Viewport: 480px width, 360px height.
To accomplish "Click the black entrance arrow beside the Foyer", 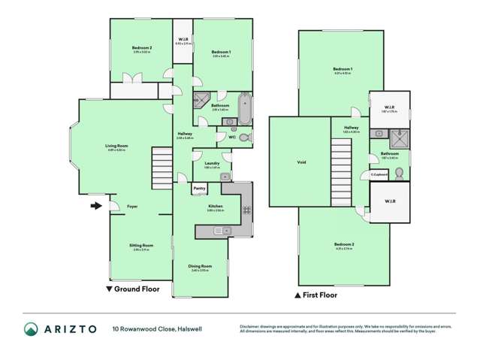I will tap(95, 205).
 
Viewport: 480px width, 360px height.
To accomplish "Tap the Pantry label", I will tap(199, 188).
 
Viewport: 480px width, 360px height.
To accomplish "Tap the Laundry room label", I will tap(212, 165).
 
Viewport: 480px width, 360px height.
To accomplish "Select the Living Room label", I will tap(116, 146).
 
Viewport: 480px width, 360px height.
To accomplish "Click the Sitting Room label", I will tap(132, 245).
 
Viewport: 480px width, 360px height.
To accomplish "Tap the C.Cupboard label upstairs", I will tap(378, 174).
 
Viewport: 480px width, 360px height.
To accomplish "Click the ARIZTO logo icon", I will tap(32, 328).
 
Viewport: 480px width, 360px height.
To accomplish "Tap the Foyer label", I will tap(131, 206).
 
